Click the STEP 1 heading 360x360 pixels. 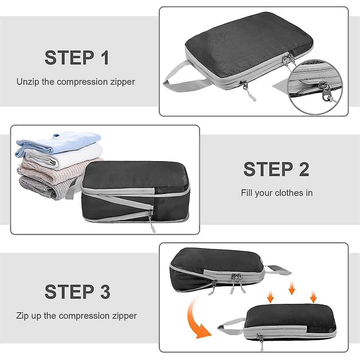coord(77,58)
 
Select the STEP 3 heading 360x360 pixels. coord(77,291)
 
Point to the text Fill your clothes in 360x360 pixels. coord(277,193)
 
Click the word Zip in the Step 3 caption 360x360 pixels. coord(23,316)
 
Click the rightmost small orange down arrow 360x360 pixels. coord(313,297)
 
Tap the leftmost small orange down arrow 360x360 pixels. coord(271,297)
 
